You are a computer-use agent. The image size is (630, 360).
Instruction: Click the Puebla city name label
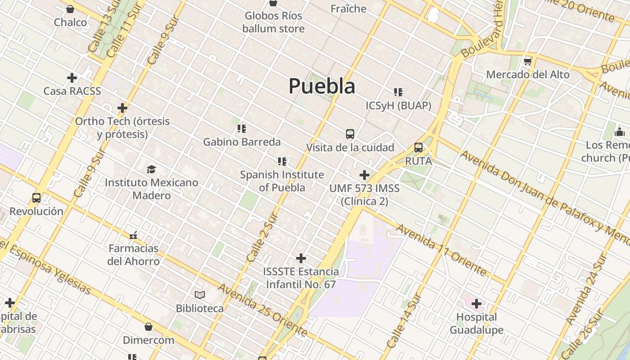(322, 86)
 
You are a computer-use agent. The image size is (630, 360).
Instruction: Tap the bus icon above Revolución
(36, 198)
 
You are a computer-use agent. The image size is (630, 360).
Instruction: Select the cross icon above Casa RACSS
(72, 78)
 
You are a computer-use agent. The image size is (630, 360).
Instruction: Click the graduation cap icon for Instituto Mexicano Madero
(151, 170)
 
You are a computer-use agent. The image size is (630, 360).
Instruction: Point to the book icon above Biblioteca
(200, 295)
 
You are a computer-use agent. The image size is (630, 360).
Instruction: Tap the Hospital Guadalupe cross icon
(477, 304)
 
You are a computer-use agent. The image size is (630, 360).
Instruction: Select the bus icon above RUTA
(418, 148)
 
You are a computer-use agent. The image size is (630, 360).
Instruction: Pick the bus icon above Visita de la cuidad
(350, 134)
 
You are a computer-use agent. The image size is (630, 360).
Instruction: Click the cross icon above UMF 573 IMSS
(364, 175)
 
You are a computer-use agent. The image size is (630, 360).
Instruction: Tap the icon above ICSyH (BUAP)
(398, 92)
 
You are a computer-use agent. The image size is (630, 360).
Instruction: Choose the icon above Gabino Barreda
(242, 129)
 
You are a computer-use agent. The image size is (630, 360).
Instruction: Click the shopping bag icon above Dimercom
(148, 327)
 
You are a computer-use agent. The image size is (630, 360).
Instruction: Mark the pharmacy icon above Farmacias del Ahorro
(133, 235)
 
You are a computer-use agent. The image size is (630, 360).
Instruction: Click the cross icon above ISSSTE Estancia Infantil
(301, 258)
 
